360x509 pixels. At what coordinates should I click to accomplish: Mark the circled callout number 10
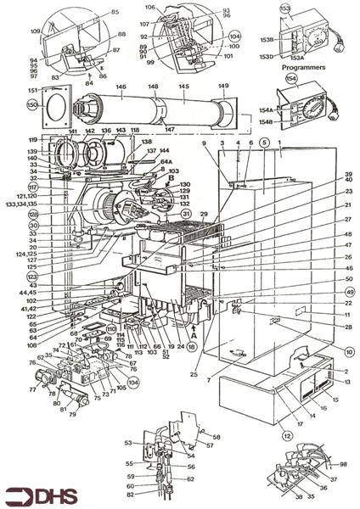tap(350, 350)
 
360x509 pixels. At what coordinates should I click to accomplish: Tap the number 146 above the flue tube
tap(121, 87)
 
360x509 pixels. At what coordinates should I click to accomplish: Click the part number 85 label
tap(115, 12)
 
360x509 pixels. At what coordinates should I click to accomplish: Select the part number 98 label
tap(343, 464)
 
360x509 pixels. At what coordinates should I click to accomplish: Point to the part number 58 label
tap(216, 437)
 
